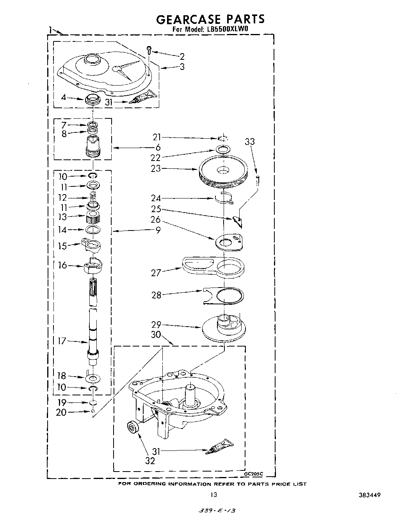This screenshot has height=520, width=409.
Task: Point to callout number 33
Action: coord(249,141)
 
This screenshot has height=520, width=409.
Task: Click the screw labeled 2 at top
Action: coord(149,49)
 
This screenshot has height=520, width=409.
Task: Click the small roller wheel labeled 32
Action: coord(133,429)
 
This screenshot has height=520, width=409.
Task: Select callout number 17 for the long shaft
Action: coord(62,341)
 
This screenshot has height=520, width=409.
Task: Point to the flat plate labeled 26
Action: coord(229,242)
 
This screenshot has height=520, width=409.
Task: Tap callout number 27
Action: coord(156,273)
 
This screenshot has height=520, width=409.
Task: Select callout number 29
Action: coord(157,325)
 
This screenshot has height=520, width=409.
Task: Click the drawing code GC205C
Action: coord(253,474)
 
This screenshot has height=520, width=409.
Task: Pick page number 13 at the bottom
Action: coord(213,495)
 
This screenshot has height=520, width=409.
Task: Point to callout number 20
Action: coord(61,412)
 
